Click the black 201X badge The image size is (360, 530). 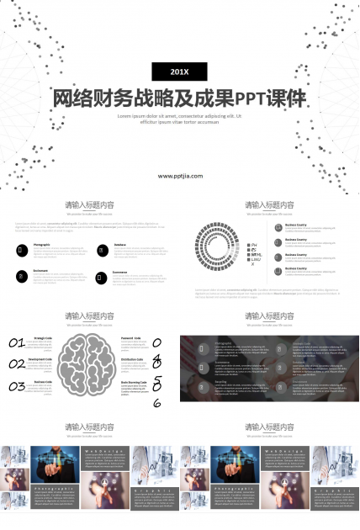pos(179,71)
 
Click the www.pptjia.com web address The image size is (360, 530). pos(179,176)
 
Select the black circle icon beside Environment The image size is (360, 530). pos(22,277)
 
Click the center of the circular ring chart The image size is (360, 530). pos(221,246)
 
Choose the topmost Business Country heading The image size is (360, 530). pos(296,225)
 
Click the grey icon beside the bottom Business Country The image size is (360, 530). pos(278,270)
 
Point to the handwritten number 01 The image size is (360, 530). pos(17,343)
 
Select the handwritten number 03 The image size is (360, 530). pos(17,387)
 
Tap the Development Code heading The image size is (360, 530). pos(40,359)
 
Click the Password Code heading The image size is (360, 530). pos(131,337)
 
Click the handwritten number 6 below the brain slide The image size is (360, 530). pos(157,403)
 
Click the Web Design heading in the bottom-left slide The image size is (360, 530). pos(98,452)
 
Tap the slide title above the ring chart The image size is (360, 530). pos(269,204)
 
